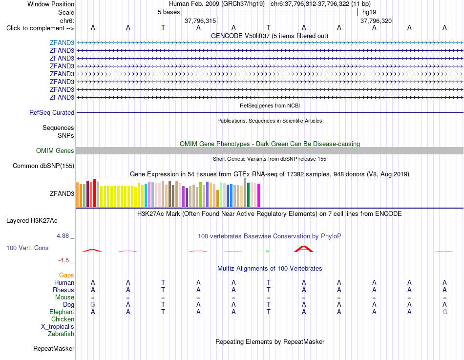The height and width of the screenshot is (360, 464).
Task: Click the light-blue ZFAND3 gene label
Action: point(62,42)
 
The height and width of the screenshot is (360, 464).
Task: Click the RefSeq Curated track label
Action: point(52,112)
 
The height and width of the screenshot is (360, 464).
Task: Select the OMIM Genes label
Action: point(55,150)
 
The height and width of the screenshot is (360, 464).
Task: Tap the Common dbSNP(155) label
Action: point(43,166)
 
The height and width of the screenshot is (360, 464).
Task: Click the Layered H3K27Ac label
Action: point(32,221)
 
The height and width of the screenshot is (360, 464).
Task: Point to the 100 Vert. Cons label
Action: point(27,248)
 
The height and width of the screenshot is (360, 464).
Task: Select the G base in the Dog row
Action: point(93,304)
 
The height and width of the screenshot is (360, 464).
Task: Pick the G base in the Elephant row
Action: point(445,312)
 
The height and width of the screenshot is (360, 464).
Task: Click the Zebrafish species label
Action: point(61,334)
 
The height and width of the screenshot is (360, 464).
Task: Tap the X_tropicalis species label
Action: point(58,327)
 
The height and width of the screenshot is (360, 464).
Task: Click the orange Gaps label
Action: point(66,275)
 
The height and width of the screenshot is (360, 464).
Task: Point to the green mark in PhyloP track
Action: point(268,251)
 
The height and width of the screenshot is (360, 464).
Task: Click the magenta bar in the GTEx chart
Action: point(259,195)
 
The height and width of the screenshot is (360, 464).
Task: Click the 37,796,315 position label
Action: point(200,21)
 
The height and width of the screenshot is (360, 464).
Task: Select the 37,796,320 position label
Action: point(376,21)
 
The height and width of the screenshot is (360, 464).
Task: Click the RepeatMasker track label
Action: point(54,348)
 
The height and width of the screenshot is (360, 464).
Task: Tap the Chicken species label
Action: point(63,319)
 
